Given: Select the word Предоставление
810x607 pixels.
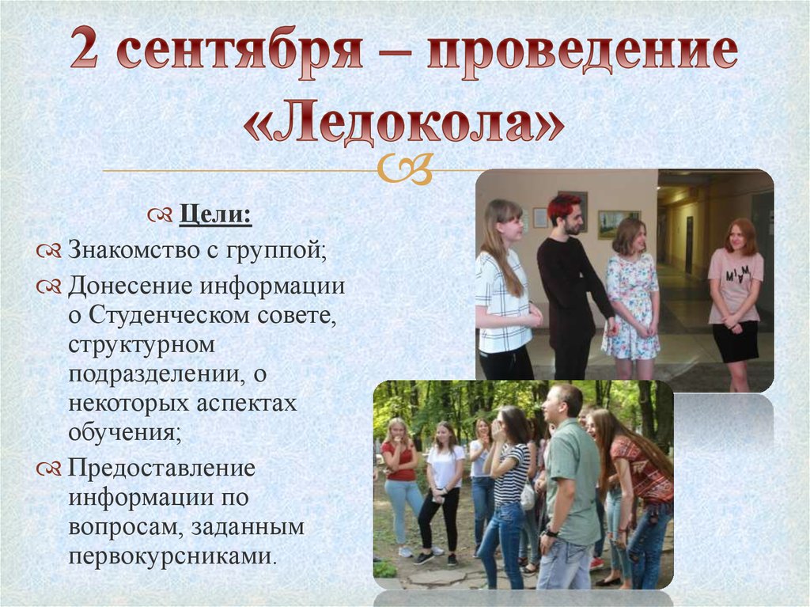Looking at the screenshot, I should coord(161,469).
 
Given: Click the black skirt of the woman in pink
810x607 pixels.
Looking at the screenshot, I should coord(735,340).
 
